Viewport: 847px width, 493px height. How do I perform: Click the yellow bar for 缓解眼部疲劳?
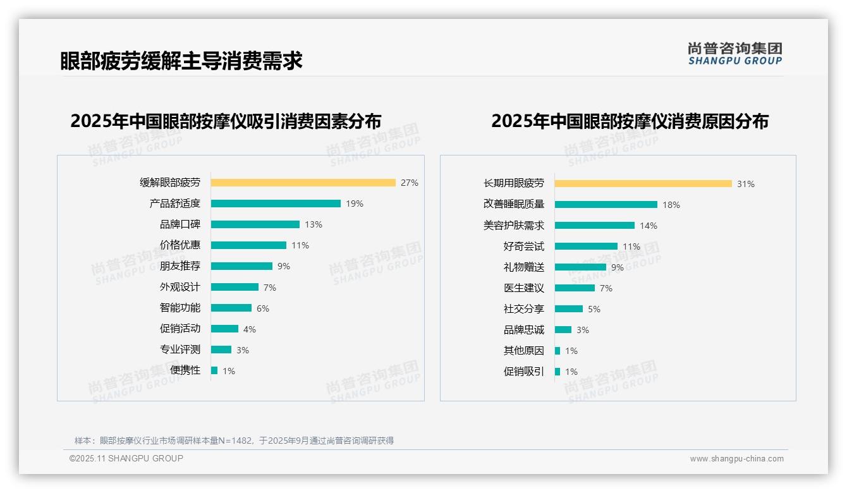click(303, 183)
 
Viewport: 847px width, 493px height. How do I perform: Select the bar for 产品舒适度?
click(276, 204)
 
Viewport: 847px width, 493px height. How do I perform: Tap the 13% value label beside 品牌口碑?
click(314, 224)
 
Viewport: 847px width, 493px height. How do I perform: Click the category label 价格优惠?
click(180, 245)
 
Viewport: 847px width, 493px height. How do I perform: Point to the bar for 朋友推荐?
click(241, 266)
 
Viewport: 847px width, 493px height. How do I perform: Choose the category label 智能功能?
click(180, 308)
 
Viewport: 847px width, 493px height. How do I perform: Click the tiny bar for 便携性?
click(214, 370)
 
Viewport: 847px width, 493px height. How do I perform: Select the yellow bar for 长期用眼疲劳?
click(643, 184)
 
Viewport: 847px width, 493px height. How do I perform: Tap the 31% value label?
click(746, 184)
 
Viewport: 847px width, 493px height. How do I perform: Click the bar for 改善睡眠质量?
click(606, 205)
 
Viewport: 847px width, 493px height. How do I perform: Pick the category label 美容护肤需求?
click(513, 226)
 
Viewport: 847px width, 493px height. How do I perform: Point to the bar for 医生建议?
click(575, 288)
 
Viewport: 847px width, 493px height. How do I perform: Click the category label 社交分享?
click(523, 309)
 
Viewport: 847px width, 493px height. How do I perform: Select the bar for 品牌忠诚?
click(563, 330)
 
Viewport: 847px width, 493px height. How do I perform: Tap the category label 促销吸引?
click(523, 372)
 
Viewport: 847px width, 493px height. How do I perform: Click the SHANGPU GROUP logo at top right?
click(735, 54)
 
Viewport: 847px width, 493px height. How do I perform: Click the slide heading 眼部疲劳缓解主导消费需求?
click(181, 61)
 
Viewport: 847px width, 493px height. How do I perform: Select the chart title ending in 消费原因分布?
click(630, 121)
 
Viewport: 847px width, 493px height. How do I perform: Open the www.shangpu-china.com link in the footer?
click(736, 459)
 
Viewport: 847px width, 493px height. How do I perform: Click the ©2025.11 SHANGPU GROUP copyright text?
click(126, 458)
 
